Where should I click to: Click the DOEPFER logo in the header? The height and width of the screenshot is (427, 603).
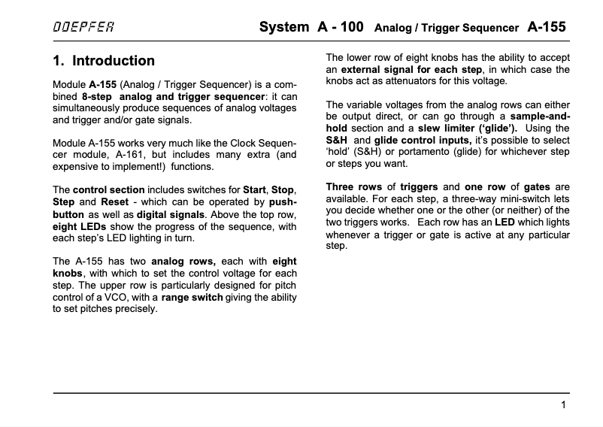click(x=83, y=27)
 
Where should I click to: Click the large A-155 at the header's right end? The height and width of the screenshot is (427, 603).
click(x=547, y=27)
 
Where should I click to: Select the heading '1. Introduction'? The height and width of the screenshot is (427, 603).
click(x=104, y=61)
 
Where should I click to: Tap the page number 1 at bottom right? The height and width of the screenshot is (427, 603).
click(x=563, y=405)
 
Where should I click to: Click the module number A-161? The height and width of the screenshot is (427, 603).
click(x=150, y=155)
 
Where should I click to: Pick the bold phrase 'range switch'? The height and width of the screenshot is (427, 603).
click(x=192, y=297)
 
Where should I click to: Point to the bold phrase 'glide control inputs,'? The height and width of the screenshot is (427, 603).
click(x=423, y=140)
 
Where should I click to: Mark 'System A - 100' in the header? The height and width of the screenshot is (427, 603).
click(x=311, y=27)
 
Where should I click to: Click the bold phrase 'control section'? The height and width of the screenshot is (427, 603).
click(x=105, y=190)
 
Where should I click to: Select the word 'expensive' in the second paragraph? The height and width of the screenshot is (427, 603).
click(x=77, y=167)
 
